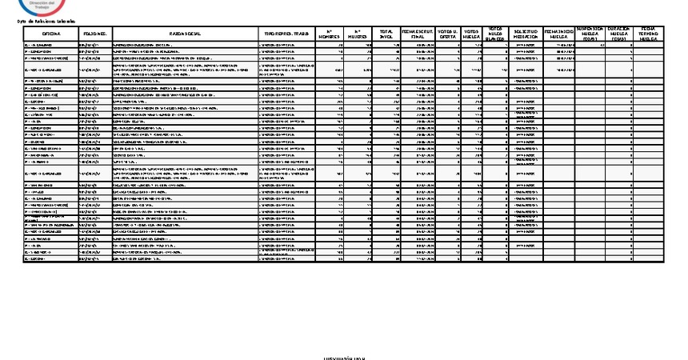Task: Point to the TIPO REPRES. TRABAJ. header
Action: click(x=287, y=34)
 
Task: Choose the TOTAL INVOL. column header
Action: click(x=386, y=34)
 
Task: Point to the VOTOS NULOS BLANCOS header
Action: click(x=497, y=34)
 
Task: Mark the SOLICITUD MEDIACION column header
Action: click(x=525, y=34)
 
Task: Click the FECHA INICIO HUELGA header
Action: click(x=558, y=34)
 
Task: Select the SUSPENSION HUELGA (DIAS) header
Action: click(x=590, y=34)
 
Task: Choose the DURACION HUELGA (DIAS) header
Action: click(x=619, y=34)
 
